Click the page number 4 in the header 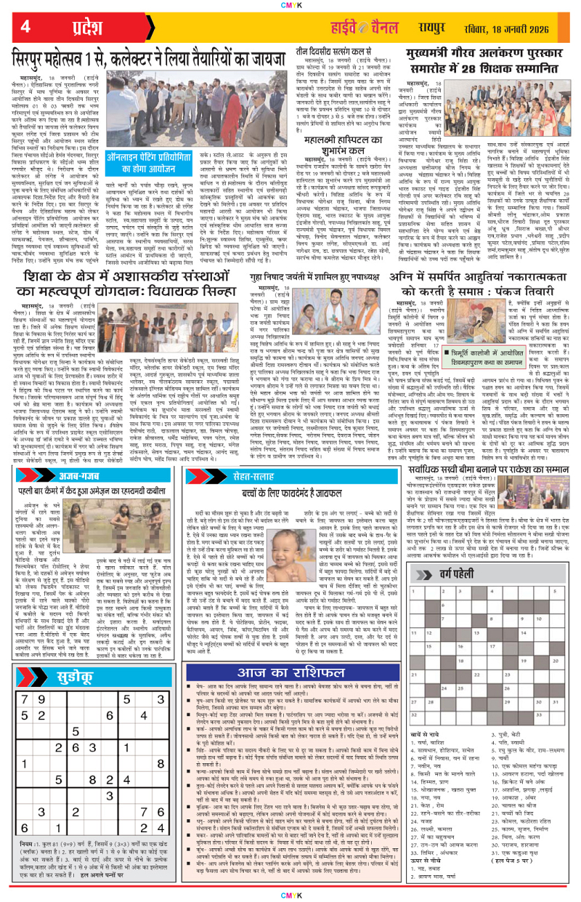pos(25,27)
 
